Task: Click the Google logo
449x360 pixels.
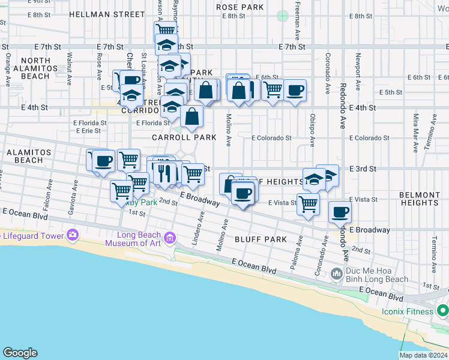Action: (x=20, y=353)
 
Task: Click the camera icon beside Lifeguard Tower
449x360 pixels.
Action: (x=73, y=235)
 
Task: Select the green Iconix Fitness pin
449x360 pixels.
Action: (x=443, y=311)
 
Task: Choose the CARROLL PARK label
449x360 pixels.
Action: (x=184, y=137)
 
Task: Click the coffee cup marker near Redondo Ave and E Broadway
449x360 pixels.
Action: (x=340, y=212)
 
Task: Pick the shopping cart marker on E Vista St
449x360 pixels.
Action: (x=308, y=203)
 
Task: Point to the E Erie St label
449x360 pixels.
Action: (x=88, y=130)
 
